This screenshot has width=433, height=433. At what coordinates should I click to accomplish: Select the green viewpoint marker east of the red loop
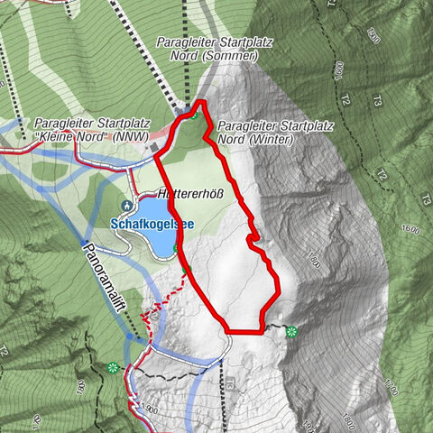290,332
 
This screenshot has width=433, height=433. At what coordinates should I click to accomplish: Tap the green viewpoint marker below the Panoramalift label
112,367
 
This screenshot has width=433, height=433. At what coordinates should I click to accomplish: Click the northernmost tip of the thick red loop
203,102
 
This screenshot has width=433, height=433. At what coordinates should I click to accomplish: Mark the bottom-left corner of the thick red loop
226,330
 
